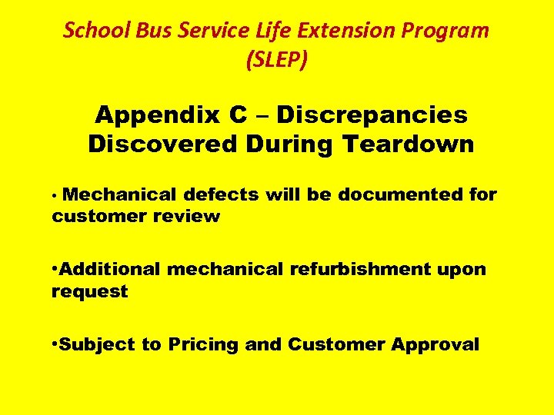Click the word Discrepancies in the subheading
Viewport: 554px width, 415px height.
(x=372, y=115)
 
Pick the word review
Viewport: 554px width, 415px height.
(x=187, y=217)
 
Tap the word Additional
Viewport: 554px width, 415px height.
(x=110, y=269)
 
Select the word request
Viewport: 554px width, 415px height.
(x=89, y=292)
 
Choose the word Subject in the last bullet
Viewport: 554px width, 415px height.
(x=97, y=344)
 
